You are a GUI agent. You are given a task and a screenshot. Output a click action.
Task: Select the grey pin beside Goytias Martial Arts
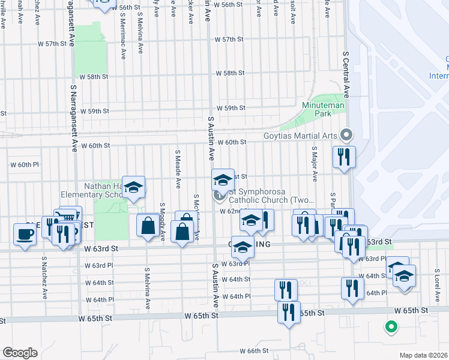tap(345, 134)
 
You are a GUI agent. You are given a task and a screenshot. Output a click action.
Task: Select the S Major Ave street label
tap(315, 162)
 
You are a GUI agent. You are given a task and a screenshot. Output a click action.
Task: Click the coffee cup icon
tap(24, 233)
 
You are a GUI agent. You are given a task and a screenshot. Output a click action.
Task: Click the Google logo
tap(20, 353)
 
